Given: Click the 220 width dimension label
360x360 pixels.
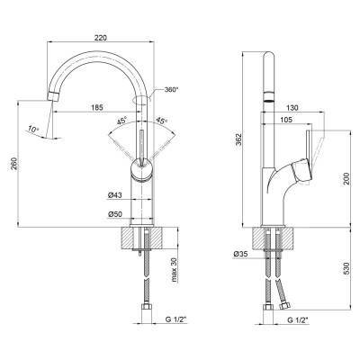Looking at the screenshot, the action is pyautogui.click(x=100, y=38).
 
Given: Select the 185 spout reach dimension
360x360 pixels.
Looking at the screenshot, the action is pyautogui.click(x=97, y=107).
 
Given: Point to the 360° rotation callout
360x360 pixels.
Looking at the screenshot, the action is pyautogui.click(x=171, y=89).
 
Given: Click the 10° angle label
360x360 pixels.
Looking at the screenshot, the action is pyautogui.click(x=33, y=130).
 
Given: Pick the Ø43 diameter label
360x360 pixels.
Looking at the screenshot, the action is pyautogui.click(x=114, y=195).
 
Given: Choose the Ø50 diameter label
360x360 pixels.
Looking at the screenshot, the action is pyautogui.click(x=114, y=214).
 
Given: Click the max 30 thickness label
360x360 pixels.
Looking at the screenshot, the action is pyautogui.click(x=175, y=270).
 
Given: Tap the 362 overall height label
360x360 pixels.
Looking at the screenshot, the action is pyautogui.click(x=238, y=139).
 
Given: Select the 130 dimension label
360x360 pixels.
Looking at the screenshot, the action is pyautogui.click(x=292, y=108).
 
